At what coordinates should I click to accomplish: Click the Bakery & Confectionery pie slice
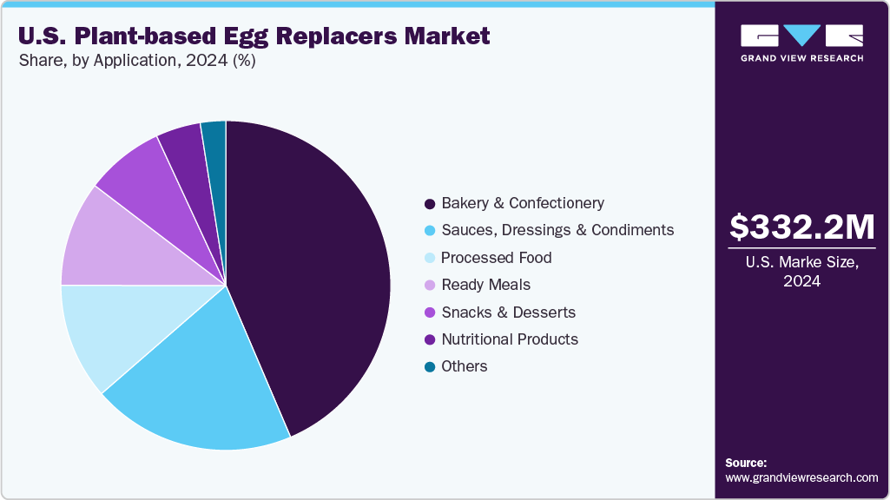[x=313, y=269]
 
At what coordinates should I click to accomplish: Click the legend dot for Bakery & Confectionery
[x=429, y=204]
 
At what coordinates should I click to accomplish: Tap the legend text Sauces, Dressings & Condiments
[x=557, y=230]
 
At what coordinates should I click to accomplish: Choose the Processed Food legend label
[x=496, y=258]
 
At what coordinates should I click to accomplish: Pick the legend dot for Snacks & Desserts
[x=429, y=312]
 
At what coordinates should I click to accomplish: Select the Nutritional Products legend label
[x=510, y=339]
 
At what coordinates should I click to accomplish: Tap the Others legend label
[x=465, y=366]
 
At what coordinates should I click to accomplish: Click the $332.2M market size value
[x=801, y=227]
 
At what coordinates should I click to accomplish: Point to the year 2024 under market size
[x=801, y=281]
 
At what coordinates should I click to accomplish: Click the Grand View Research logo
[x=801, y=42]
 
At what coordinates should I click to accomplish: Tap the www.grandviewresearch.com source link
[x=801, y=477]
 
